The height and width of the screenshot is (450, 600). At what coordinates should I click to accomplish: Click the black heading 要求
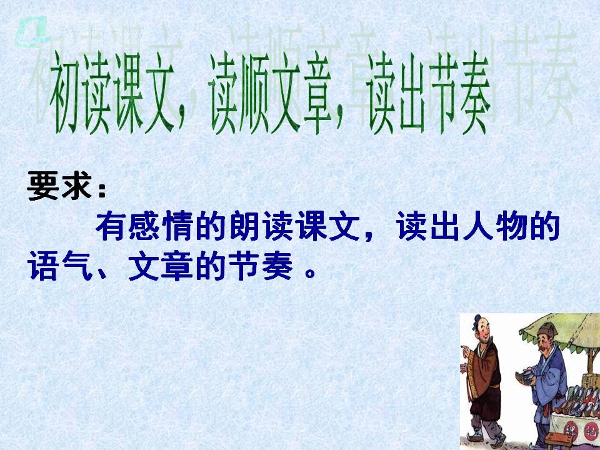60,186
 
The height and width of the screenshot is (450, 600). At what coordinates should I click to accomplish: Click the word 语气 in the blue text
59,266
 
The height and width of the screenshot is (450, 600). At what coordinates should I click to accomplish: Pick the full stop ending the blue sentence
311,273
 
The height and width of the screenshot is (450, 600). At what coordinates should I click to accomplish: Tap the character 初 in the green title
64,92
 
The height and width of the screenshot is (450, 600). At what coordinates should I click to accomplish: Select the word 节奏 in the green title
459,92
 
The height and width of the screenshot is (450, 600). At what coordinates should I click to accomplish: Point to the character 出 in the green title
412,92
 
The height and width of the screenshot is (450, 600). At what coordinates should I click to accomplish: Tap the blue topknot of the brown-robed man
477,320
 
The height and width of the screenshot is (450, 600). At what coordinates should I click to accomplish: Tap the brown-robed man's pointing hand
465,350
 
